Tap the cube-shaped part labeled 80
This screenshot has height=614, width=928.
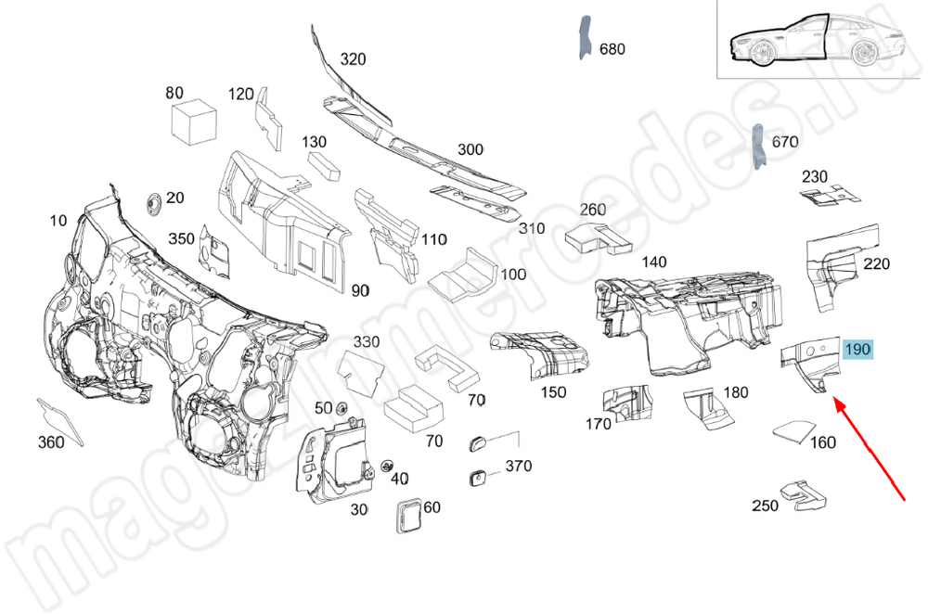(x=194, y=122)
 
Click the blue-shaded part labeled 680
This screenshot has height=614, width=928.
(x=586, y=38)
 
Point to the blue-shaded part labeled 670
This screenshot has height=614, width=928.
(x=758, y=146)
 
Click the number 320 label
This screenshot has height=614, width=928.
(x=353, y=59)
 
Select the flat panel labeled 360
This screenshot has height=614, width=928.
(x=58, y=419)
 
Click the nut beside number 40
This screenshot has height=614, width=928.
(x=387, y=463)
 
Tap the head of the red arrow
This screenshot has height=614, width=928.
(x=835, y=403)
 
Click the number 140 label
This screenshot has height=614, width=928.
(x=654, y=262)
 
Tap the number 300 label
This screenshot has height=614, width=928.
(x=470, y=149)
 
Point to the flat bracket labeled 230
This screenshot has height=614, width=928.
(x=829, y=195)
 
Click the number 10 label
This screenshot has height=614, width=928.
(x=58, y=220)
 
